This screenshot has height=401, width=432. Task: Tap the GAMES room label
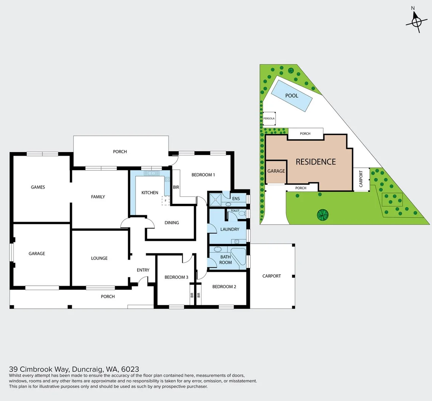pyautogui.click(x=38, y=187)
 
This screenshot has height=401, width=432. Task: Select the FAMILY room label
pyautogui.click(x=98, y=197)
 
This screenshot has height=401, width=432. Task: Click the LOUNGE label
pyautogui.click(x=99, y=258)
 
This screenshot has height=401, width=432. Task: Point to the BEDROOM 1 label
pyautogui.click(x=203, y=175)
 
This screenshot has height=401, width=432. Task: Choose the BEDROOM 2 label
pyautogui.click(x=224, y=287)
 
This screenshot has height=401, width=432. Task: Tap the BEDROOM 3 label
pyautogui.click(x=176, y=277)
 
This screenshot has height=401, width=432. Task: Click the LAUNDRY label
pyautogui.click(x=230, y=229)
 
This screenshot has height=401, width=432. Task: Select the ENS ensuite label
pyautogui.click(x=236, y=199)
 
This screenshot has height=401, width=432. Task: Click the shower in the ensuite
pyautogui.click(x=215, y=199)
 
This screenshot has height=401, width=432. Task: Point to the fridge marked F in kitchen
pyautogui.click(x=165, y=201)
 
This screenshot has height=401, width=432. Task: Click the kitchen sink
pyautogui.click(x=152, y=173)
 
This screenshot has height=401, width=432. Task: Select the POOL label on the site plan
pyautogui.click(x=292, y=95)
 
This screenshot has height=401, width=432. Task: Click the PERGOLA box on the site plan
pyautogui.click(x=269, y=118)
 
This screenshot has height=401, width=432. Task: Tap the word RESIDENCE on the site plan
pyautogui.click(x=316, y=162)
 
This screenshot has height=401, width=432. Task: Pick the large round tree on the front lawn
pyautogui.click(x=323, y=215)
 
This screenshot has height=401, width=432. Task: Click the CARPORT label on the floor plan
pyautogui.click(x=271, y=276)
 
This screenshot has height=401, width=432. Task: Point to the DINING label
pyautogui.click(x=172, y=223)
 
